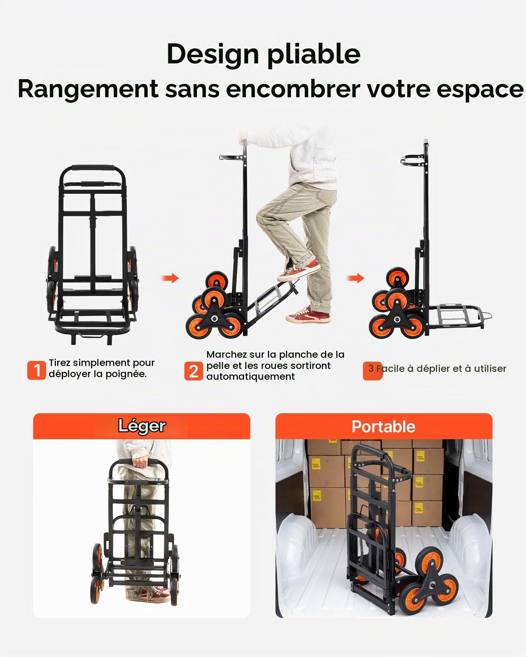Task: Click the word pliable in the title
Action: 314,54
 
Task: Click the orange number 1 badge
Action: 36,370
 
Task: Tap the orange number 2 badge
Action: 193,371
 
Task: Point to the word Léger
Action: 142,426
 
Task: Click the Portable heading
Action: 383,427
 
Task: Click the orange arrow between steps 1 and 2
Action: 170,278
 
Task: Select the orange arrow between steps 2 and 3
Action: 355,278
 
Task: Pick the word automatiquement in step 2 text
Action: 251,376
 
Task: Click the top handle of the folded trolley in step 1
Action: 93,168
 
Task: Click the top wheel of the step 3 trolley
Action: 398,278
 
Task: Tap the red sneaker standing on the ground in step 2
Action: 308,315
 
